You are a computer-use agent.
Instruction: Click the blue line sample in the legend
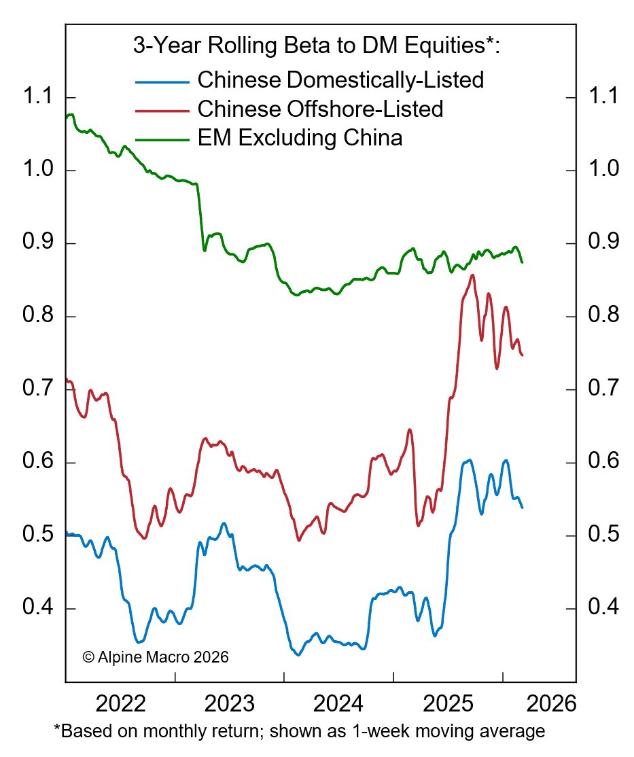pos(162,82)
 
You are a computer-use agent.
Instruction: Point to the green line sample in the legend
pos(162,139)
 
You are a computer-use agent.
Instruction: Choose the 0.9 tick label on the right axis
pos(602,243)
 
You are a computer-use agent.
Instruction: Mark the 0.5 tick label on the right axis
pos(602,535)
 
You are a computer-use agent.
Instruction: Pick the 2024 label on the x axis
pos(340,703)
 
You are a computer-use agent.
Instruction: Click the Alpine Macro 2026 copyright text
pos(156,657)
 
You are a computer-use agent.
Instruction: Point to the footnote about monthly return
pos(299,732)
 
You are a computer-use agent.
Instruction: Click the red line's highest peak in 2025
pos(472,275)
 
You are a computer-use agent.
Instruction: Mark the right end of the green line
pos(522,262)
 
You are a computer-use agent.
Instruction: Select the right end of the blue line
pos(522,508)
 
